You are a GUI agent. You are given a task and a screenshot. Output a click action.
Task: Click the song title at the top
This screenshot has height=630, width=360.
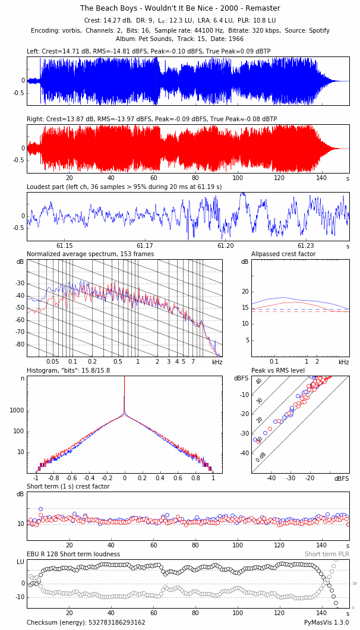[x=180, y=8]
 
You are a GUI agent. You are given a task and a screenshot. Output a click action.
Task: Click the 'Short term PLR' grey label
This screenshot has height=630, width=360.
[x=327, y=555]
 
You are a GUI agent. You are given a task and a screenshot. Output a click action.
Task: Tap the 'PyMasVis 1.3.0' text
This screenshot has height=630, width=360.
[x=327, y=622]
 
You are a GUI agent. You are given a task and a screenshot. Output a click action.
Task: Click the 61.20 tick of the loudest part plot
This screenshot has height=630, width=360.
[x=226, y=246]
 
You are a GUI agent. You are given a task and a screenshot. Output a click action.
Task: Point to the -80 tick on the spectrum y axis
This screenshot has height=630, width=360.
[x=20, y=345]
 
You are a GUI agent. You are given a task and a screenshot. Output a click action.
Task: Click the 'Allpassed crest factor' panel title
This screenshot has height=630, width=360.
[x=283, y=254]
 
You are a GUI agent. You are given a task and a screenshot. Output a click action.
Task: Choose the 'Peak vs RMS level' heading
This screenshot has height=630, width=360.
[x=278, y=371]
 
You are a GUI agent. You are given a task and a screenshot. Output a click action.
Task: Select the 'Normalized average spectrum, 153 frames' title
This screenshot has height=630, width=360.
[x=90, y=254]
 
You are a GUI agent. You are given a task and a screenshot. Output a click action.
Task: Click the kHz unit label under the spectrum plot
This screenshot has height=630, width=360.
[x=217, y=362]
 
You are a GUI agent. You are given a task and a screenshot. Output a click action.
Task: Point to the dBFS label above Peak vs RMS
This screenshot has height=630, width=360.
[x=241, y=379]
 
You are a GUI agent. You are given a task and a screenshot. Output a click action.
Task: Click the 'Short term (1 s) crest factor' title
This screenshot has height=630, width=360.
[x=68, y=487]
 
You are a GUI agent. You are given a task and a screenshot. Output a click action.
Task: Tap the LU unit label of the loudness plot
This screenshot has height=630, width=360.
[x=20, y=562]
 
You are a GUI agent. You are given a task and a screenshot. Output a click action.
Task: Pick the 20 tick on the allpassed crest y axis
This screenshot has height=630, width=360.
[x=244, y=292]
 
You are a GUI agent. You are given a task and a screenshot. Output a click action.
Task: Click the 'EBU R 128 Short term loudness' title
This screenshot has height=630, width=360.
[x=73, y=555]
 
